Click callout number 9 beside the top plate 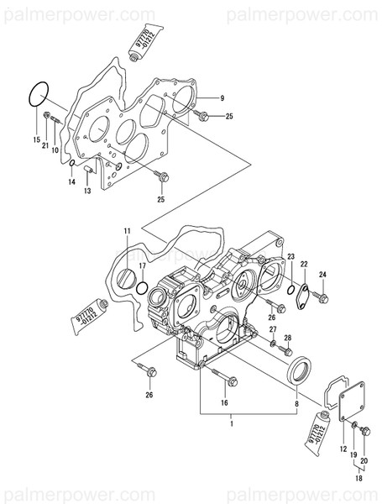click(x=223, y=98)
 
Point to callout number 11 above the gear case click(x=128, y=231)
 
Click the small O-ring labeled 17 click(x=143, y=288)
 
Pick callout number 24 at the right click(x=323, y=274)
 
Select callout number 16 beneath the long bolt click(x=224, y=403)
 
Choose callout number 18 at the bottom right click(x=359, y=479)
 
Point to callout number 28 click(x=287, y=338)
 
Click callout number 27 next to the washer click(x=272, y=330)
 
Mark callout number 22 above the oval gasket click(x=304, y=264)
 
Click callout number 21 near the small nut click(x=45, y=146)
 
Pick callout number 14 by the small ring click(x=72, y=181)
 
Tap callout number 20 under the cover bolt click(x=364, y=461)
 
